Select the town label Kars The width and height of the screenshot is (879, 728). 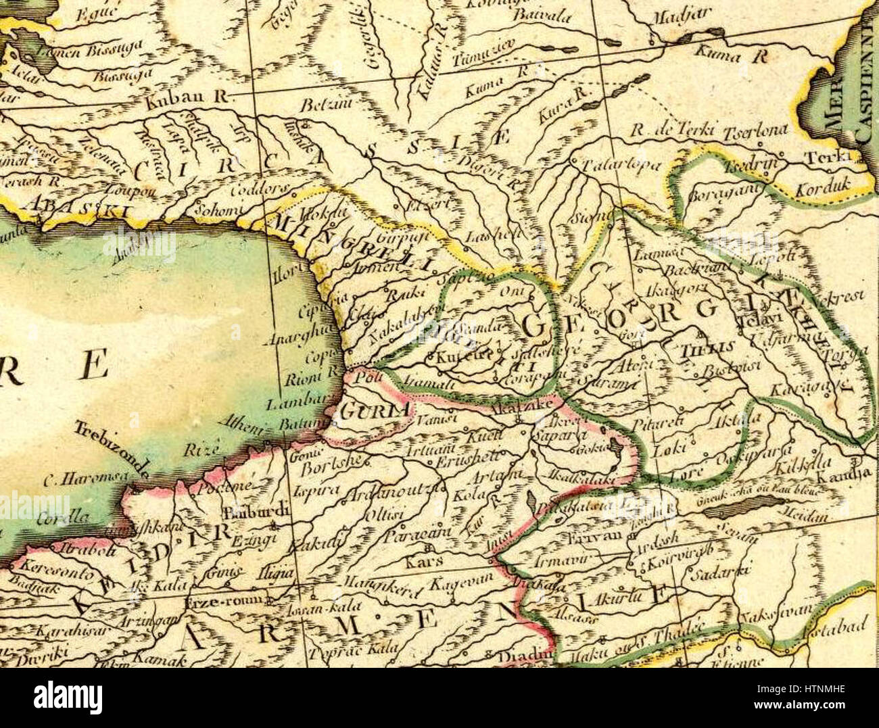tap(425, 562)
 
